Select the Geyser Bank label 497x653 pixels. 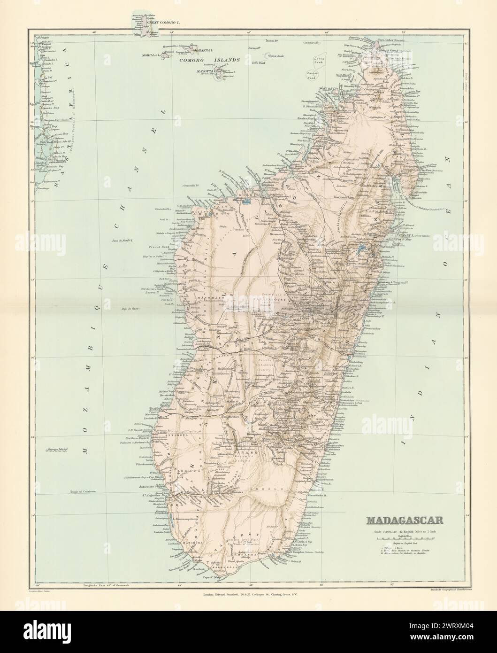[275, 55]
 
